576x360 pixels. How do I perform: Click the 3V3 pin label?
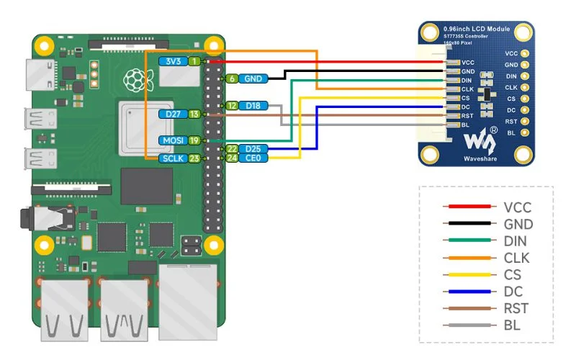point(174,61)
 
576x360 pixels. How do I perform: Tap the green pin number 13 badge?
point(194,114)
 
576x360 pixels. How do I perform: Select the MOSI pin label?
point(174,140)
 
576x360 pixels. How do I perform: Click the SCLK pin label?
point(174,158)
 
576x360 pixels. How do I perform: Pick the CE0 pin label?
point(253,158)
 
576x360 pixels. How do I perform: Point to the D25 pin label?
point(253,149)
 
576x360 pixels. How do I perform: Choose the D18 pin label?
point(253,106)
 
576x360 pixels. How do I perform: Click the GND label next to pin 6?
point(253,78)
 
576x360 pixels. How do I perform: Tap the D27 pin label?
point(174,114)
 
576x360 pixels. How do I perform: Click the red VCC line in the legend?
point(469,207)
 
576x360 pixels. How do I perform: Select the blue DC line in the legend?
point(469,292)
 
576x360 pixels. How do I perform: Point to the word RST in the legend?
point(516,308)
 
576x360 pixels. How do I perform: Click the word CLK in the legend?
point(516,258)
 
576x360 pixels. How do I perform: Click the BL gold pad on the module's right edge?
point(525,132)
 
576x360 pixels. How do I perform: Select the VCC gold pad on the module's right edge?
point(525,53)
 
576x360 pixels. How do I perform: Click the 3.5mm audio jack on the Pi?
point(48,218)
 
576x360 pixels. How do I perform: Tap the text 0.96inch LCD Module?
point(477,29)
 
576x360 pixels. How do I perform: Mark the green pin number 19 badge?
point(194,140)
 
